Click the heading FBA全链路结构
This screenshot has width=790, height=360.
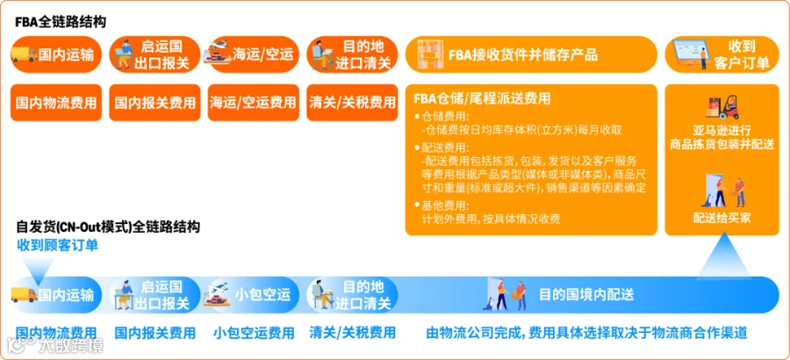61,23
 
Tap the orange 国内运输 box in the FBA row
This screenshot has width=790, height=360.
56,54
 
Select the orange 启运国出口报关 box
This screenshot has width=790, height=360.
154,54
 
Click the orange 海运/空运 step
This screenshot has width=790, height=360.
254,54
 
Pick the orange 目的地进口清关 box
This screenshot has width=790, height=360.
352,54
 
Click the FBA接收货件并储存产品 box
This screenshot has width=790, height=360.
531,54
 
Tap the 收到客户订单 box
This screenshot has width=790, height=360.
722,54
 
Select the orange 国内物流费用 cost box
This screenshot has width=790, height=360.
56,103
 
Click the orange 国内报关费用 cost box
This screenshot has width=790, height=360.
154,103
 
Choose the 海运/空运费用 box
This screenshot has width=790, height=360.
254,103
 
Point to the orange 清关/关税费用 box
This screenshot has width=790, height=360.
352,103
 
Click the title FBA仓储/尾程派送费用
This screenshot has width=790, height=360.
482,98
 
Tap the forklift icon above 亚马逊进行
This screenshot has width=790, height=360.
722,108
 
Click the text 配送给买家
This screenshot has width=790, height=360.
722,217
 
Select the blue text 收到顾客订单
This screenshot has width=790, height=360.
57,245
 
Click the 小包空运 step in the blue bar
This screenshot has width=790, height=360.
254,294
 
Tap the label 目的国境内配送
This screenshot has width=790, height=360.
586,294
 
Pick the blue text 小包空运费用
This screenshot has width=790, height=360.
254,333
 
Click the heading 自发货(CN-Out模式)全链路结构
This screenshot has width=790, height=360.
108,227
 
